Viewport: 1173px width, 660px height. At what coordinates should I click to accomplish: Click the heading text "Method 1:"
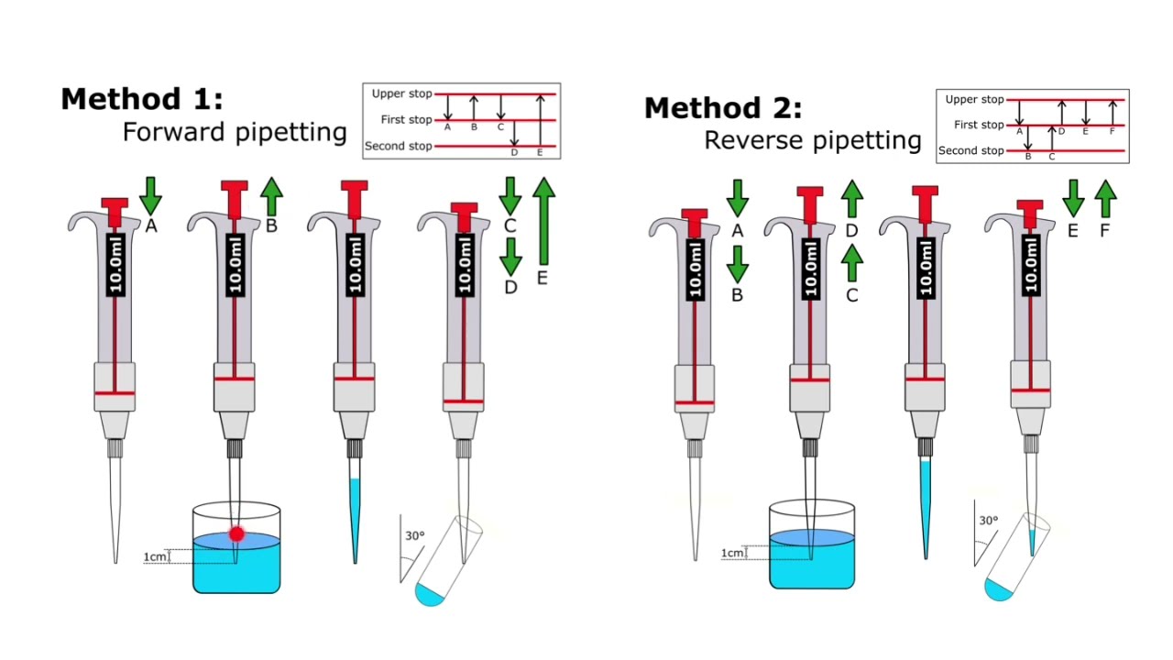pyautogui.click(x=141, y=99)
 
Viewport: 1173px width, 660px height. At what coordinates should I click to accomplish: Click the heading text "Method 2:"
pyautogui.click(x=722, y=108)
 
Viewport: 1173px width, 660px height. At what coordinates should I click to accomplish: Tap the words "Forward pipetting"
pyautogui.click(x=235, y=132)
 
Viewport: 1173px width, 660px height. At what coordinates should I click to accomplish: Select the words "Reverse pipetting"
pyautogui.click(x=812, y=140)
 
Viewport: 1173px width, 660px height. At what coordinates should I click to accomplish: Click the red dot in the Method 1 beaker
pyautogui.click(x=236, y=533)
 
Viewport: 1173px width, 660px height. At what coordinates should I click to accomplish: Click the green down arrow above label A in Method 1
pyautogui.click(x=151, y=195)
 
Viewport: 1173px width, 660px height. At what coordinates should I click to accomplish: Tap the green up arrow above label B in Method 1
pyautogui.click(x=271, y=195)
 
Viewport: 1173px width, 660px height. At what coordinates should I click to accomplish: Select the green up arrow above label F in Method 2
pyautogui.click(x=1105, y=198)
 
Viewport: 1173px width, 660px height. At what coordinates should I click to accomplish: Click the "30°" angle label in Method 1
pyautogui.click(x=414, y=535)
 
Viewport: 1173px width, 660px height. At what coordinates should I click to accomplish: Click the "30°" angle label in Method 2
pyautogui.click(x=988, y=521)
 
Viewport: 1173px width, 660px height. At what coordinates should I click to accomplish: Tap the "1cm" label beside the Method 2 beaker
pyautogui.click(x=731, y=553)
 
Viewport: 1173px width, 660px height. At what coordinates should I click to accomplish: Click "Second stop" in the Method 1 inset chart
pyautogui.click(x=398, y=147)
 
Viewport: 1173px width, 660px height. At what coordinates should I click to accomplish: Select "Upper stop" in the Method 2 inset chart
pyautogui.click(x=974, y=99)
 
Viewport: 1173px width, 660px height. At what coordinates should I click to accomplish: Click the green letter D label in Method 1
pyautogui.click(x=510, y=287)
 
